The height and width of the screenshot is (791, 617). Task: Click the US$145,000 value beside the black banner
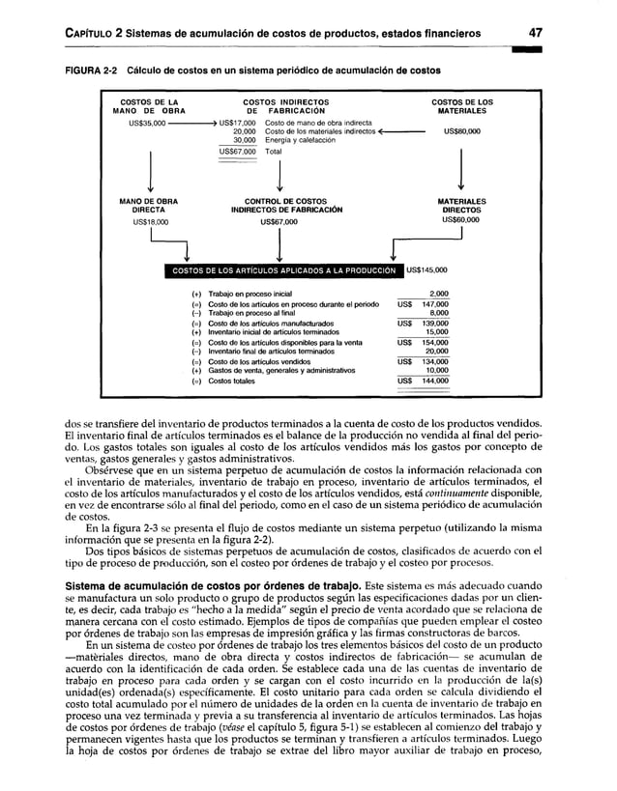(x=426, y=270)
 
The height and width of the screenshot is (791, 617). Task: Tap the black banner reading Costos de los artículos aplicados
(x=286, y=270)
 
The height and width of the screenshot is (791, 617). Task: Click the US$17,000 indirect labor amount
(x=237, y=123)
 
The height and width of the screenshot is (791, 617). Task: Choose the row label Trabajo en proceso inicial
(x=249, y=293)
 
